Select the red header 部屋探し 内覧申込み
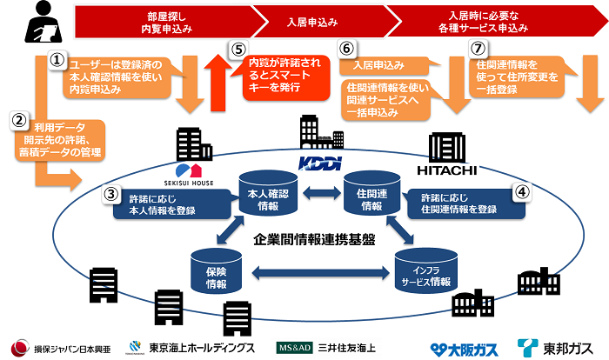[165, 22]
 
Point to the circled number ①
[55, 60]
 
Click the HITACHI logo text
[451, 166]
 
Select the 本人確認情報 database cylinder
[263, 191]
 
